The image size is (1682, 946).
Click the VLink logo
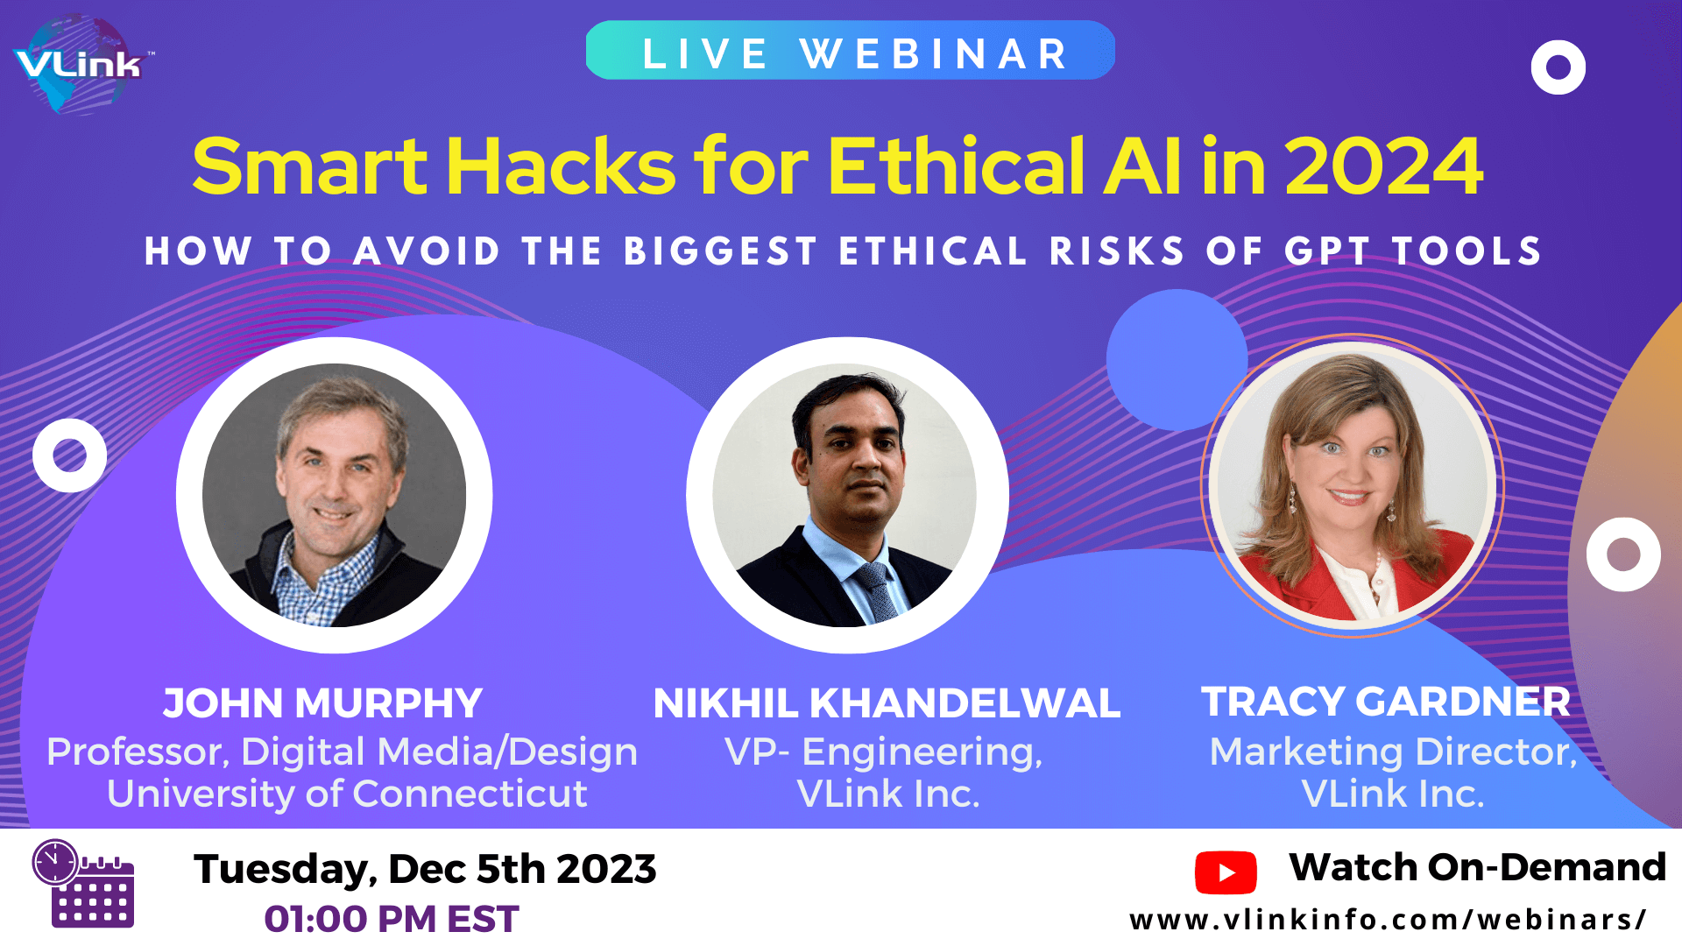coord(79,65)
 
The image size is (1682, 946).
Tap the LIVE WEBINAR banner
coord(850,52)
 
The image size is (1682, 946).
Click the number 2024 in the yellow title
coord(1383,166)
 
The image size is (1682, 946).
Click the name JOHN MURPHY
coord(322,703)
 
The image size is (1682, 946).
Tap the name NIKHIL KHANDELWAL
coord(887,703)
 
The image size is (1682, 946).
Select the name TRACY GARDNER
coord(1385,702)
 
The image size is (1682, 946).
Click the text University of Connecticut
coord(347,794)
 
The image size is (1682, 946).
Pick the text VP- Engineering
coord(883,752)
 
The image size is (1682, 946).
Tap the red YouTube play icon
coord(1226,872)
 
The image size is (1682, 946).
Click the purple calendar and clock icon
coord(84,884)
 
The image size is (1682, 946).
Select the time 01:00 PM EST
coord(392,919)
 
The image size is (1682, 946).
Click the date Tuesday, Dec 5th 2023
coord(425,869)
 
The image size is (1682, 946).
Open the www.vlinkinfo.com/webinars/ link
coord(1388,920)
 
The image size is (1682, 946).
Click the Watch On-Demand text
coord(1477,867)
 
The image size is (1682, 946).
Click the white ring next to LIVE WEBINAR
coord(1558,67)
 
